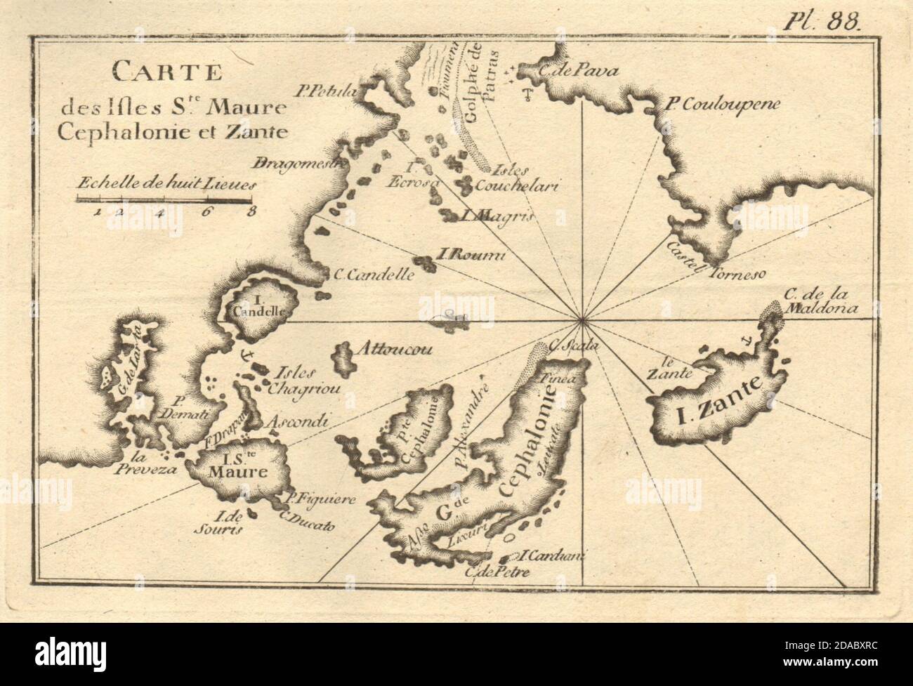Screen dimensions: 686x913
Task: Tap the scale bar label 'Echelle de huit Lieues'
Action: pos(167,185)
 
